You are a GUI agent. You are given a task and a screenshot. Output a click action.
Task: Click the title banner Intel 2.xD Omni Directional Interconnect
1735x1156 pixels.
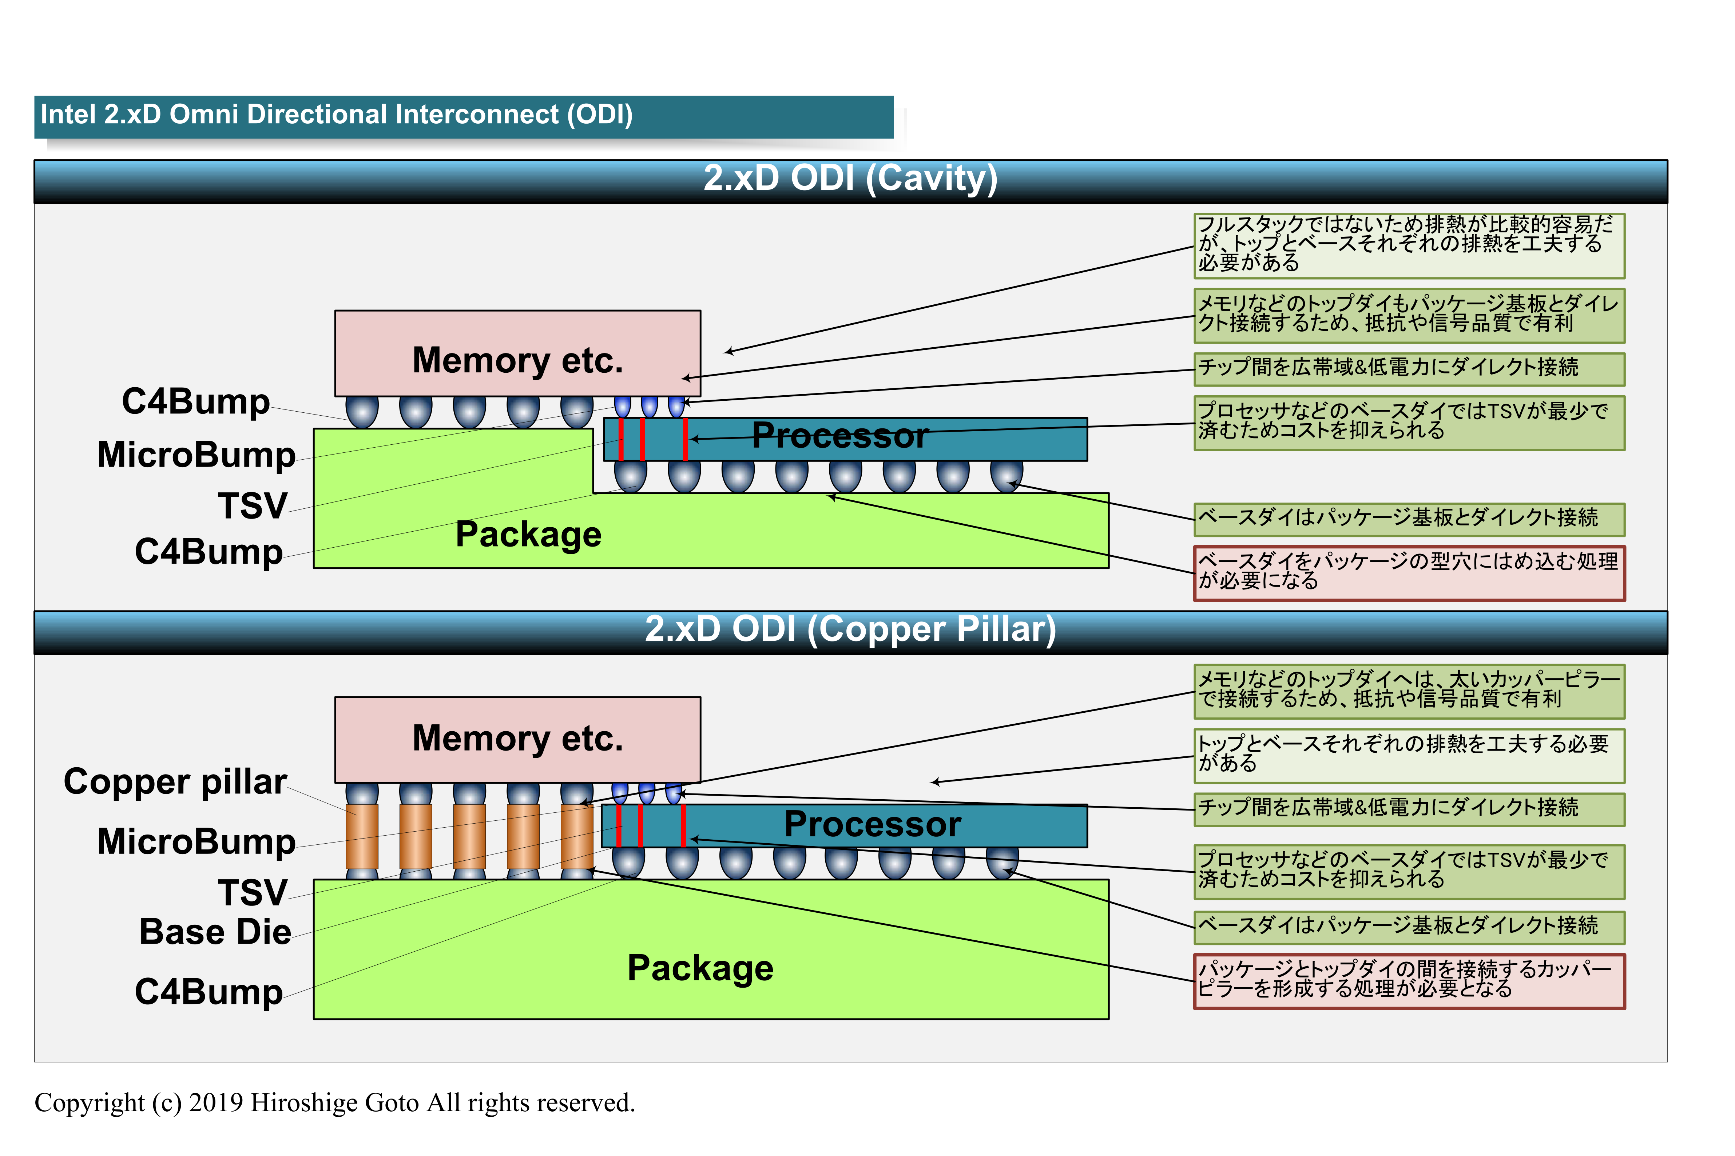(336, 115)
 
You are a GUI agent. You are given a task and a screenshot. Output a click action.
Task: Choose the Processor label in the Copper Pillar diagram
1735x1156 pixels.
(872, 824)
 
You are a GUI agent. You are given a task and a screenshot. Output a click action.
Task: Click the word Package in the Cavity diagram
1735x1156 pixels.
(528, 535)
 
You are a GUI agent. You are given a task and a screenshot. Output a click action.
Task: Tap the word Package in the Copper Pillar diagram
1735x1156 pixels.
(700, 968)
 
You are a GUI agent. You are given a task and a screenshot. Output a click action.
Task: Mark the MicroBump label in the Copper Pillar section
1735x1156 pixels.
(196, 842)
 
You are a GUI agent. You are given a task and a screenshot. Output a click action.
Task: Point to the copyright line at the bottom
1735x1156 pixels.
(334, 1103)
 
